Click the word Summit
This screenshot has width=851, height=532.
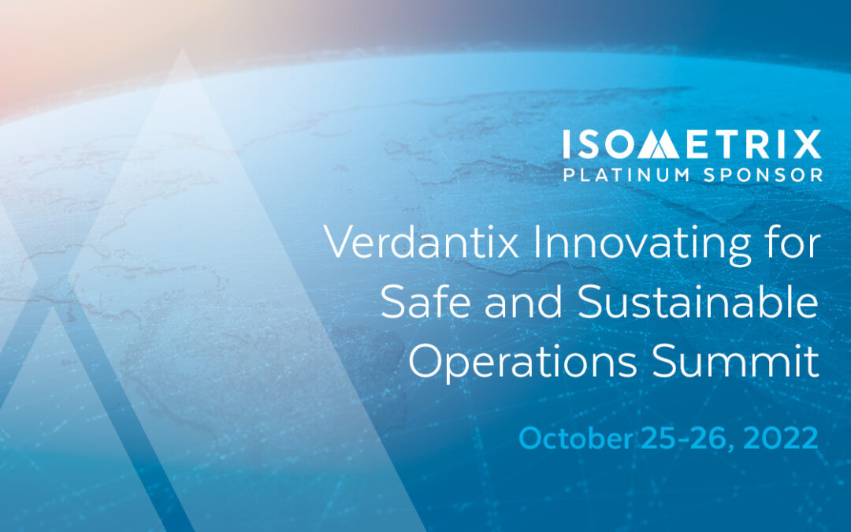point(735,360)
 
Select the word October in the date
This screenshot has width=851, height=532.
point(576,438)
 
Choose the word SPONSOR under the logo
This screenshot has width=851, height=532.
point(763,175)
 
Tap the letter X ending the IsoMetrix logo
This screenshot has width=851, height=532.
point(807,144)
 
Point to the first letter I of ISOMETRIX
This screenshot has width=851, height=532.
point(566,144)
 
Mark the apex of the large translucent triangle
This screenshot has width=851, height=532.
point(183,49)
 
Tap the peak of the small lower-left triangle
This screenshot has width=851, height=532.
point(52,308)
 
